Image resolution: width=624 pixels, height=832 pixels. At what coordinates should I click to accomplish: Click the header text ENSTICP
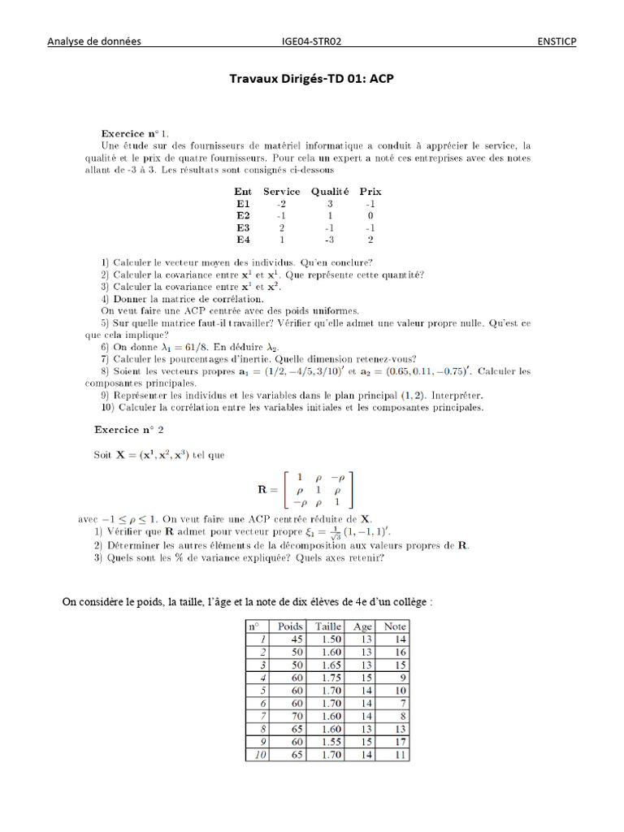click(x=557, y=41)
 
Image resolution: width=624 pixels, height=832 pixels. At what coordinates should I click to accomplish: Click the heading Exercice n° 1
click(x=135, y=132)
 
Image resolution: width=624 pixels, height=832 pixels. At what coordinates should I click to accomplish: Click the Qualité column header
click(x=329, y=192)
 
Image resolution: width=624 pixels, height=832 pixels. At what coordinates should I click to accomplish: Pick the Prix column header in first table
click(x=370, y=192)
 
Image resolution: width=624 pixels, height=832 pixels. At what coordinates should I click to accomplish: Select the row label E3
click(x=244, y=228)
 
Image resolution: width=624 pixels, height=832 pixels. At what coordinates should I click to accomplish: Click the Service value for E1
click(x=281, y=204)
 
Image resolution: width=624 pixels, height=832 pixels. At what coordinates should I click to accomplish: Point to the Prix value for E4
click(x=370, y=240)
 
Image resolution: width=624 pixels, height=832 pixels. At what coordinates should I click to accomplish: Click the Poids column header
click(x=290, y=626)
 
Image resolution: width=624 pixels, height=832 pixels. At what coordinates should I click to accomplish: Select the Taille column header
click(x=328, y=626)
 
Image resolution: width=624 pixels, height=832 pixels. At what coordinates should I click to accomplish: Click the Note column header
click(x=395, y=626)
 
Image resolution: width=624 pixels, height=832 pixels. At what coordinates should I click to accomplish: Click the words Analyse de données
click(x=93, y=41)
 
